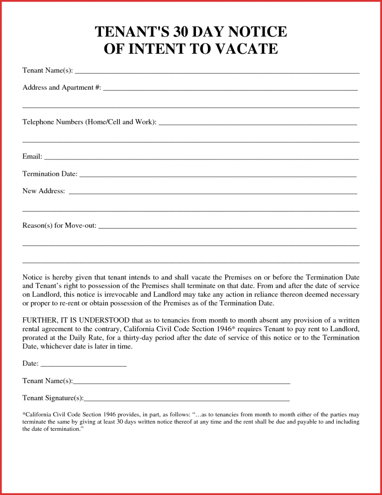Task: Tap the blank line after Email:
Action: [x=201, y=158]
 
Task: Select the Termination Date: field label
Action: [x=50, y=174]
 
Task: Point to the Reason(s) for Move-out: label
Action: [x=60, y=226]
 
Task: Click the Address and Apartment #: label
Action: [x=62, y=88]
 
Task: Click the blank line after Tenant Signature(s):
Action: [x=187, y=399]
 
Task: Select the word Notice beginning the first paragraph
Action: [x=33, y=276]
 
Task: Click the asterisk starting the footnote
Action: [x=24, y=414]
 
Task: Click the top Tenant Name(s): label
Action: [x=48, y=70]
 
